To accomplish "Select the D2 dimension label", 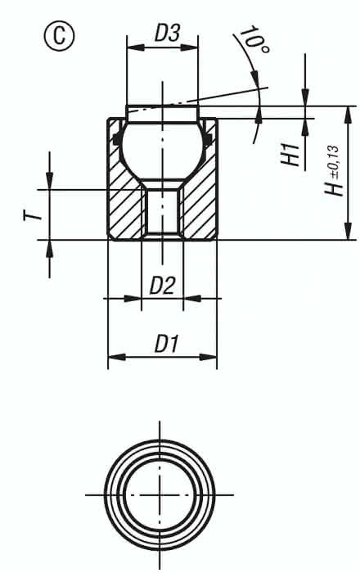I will click(162, 286).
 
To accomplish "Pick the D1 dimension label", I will click(166, 345).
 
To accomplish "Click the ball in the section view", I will click(162, 147).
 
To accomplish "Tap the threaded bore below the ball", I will click(162, 214).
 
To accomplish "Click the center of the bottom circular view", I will click(160, 494).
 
